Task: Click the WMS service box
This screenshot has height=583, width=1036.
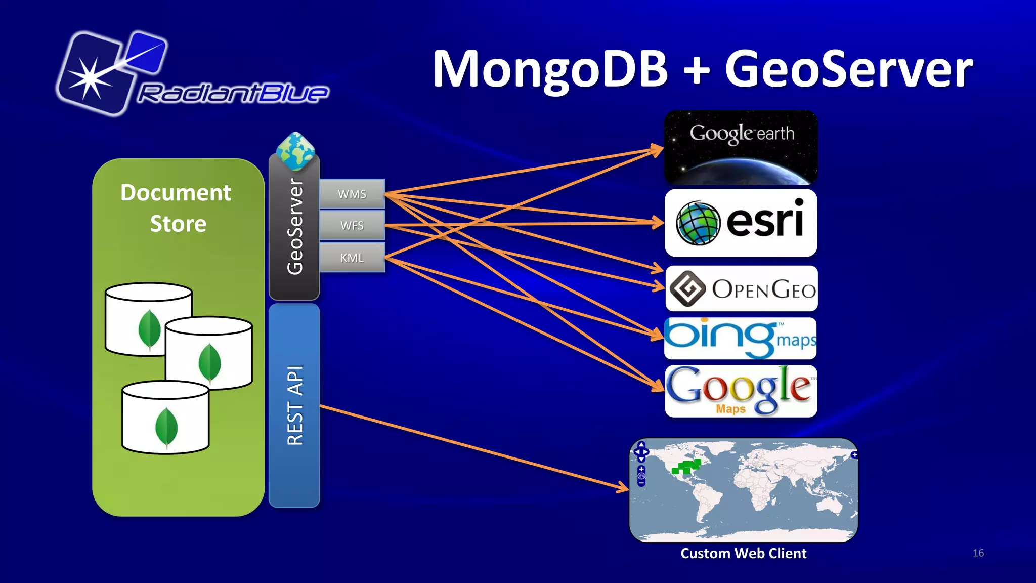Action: tap(352, 194)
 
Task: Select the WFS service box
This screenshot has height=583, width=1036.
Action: tap(352, 226)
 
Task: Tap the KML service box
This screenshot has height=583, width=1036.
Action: tap(352, 258)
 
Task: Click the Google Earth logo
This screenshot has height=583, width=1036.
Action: tap(741, 147)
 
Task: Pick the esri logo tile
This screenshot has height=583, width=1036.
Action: tap(741, 223)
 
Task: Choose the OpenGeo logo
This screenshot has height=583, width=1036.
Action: tap(741, 288)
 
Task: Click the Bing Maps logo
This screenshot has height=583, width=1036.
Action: tap(740, 338)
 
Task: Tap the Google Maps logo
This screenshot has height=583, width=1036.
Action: tap(741, 391)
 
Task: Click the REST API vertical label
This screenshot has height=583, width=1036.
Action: tap(295, 405)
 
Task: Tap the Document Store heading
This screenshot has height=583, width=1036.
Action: tap(177, 208)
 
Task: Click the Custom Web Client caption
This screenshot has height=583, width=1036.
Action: tap(743, 553)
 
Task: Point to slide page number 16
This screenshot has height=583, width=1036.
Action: tap(978, 553)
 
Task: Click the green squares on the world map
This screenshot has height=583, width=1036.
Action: tap(687, 467)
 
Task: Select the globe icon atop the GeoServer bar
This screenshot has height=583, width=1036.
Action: tap(295, 151)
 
